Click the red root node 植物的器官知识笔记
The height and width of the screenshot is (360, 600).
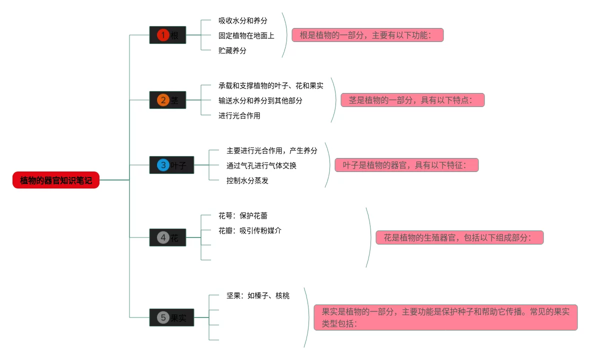click(x=56, y=180)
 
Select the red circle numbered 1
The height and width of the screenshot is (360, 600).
click(x=163, y=35)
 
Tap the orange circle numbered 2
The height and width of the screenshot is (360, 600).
click(x=163, y=100)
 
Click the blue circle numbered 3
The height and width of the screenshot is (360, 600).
click(x=163, y=165)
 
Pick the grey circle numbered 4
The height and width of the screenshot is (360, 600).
click(x=163, y=237)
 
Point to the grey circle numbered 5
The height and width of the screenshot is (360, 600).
click(x=163, y=317)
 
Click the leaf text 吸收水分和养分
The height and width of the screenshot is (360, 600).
click(x=242, y=20)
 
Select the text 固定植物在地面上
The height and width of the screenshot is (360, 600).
click(x=246, y=35)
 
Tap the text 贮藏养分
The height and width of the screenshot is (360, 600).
click(x=232, y=50)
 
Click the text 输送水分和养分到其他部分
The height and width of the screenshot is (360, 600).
click(x=260, y=100)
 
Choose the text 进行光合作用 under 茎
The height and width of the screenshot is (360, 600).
click(x=239, y=115)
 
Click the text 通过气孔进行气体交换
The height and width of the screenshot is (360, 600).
click(x=261, y=165)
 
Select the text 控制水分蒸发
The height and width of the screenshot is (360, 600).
click(x=247, y=180)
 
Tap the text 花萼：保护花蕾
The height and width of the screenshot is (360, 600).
click(x=242, y=215)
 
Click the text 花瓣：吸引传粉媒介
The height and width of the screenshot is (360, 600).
click(x=249, y=230)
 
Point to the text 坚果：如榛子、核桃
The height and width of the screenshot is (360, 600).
click(x=257, y=295)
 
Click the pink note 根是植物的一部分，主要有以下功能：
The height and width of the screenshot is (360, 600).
click(x=367, y=35)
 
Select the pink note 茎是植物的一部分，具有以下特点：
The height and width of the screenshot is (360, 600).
click(x=412, y=100)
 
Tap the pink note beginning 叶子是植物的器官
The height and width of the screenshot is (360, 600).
click(x=406, y=165)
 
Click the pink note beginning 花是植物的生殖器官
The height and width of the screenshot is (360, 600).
click(x=459, y=237)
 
